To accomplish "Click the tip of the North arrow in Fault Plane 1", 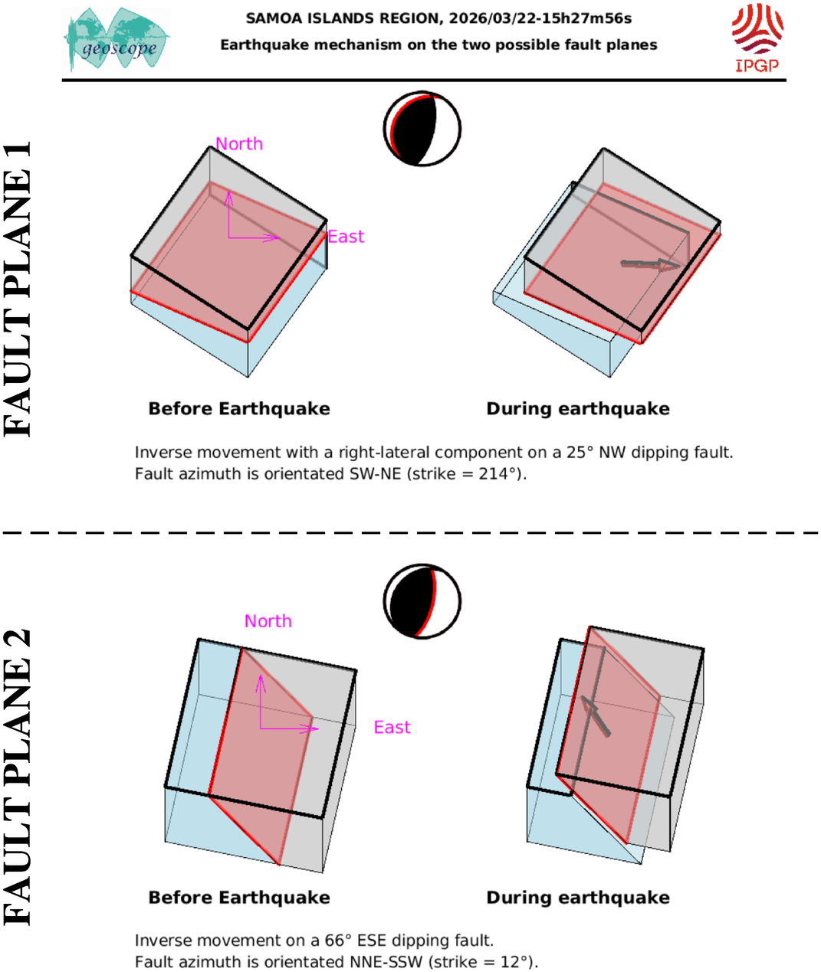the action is [228, 191].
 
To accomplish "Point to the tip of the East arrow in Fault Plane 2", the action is [319, 728].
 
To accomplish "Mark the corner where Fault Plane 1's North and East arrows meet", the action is [228, 238].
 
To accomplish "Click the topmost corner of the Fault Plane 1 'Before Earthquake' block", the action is [209, 147].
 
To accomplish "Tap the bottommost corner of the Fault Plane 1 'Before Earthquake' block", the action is [248, 377].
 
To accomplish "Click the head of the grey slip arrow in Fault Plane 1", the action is [680, 267].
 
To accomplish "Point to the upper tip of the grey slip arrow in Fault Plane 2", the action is [582, 697].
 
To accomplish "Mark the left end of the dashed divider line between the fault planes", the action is [3, 532].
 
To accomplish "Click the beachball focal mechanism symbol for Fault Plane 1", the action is [422, 129].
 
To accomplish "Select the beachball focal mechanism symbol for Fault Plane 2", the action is [422, 602].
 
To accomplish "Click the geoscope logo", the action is [117, 39].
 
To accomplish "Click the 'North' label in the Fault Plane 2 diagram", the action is [268, 621].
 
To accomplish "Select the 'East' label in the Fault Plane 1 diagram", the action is [346, 237].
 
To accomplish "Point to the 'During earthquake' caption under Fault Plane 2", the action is [578, 897].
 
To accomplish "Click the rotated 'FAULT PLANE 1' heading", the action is [18, 289].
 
